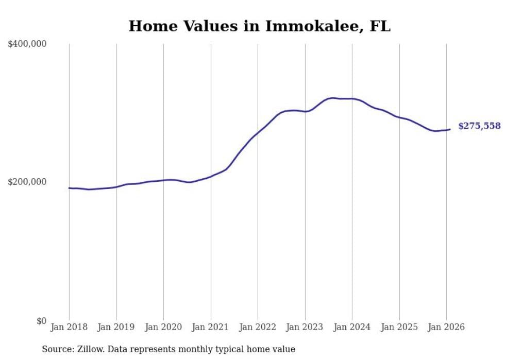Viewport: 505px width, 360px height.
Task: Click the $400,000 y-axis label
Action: [27, 44]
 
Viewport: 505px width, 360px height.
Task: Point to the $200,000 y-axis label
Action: [27, 182]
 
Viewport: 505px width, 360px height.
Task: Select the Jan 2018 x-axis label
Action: [69, 327]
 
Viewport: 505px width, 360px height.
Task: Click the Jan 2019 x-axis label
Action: [116, 327]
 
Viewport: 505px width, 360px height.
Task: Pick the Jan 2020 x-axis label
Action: [163, 327]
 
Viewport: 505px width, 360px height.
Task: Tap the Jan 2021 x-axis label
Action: [210, 327]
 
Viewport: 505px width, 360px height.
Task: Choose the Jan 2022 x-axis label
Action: [258, 327]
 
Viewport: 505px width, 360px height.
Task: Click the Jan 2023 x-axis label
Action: [305, 327]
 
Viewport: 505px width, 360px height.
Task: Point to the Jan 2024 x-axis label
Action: [352, 327]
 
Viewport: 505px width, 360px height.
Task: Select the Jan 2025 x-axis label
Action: [399, 327]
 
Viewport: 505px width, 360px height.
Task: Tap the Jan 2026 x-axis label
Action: [446, 327]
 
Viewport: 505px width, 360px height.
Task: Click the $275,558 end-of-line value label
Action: [479, 126]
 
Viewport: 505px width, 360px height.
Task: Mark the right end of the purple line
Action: [450, 129]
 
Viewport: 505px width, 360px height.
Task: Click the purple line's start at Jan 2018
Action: [69, 188]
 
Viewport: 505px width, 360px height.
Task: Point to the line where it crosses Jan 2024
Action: [352, 98]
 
